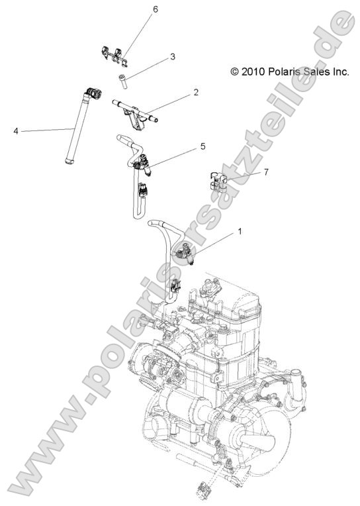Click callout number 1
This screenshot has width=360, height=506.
pos(240,232)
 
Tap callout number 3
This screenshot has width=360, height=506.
pos(172,57)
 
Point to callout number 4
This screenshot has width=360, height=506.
pos(15,131)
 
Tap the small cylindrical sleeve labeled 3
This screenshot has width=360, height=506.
pos(122,81)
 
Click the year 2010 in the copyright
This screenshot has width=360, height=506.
pos(254,72)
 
